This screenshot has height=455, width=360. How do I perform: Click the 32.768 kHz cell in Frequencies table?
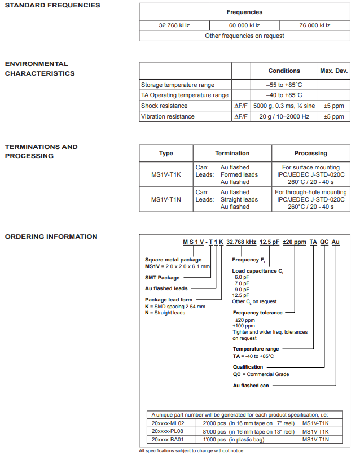tap(174, 25)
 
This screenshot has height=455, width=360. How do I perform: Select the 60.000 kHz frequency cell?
tap(244, 25)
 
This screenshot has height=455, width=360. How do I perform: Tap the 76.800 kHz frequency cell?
tap(314, 25)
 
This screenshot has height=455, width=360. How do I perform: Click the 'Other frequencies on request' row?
tap(244, 36)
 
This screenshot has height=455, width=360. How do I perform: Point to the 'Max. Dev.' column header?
tap(333, 71)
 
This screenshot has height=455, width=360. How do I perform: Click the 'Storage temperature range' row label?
tap(178, 85)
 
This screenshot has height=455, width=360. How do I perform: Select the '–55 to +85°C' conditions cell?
tap(284, 85)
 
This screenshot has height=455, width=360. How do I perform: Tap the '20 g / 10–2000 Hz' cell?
tap(284, 116)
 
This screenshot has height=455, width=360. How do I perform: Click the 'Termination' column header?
tap(232, 153)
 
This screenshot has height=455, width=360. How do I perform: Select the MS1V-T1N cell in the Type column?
tap(166, 199)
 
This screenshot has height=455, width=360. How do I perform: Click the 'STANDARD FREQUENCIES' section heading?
tap(52, 5)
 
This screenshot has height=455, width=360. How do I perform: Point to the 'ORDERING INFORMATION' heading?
tap(51, 237)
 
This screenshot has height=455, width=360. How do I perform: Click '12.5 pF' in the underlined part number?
tap(269, 242)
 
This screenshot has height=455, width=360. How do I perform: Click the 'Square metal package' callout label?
tap(173, 260)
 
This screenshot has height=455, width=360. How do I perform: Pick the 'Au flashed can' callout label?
tap(251, 386)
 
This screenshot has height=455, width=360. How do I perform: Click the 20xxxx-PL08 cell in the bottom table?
tap(168, 431)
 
